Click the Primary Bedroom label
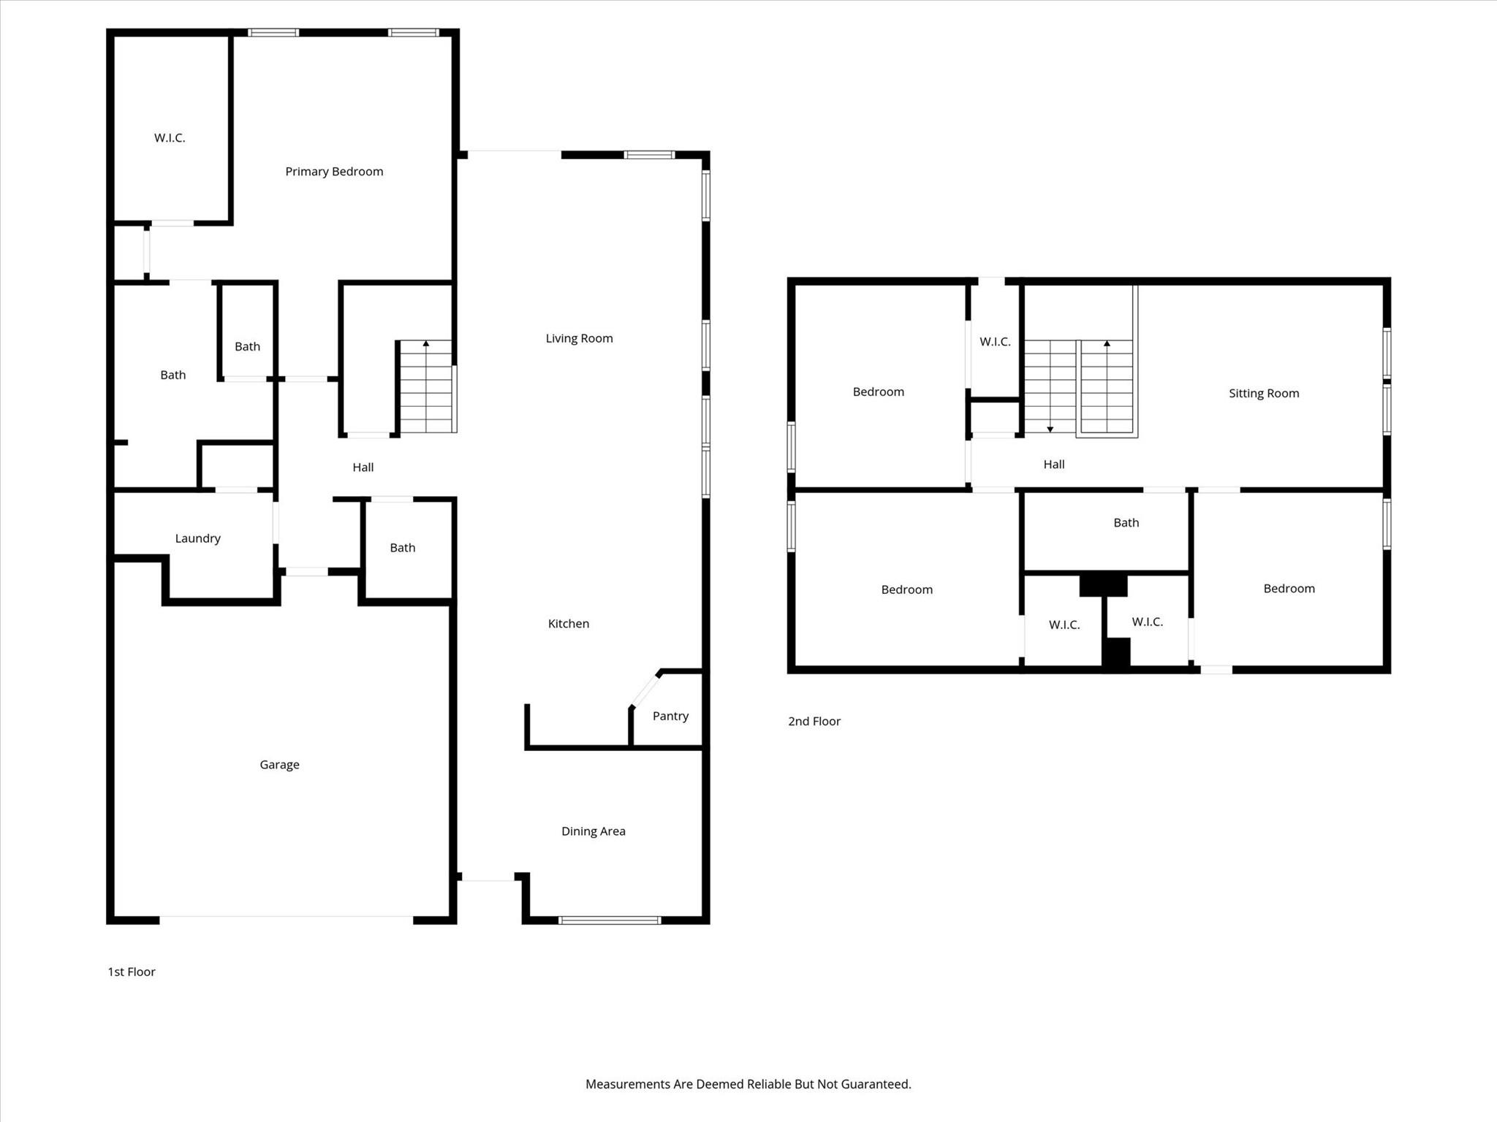pyautogui.click(x=334, y=172)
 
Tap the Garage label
pyautogui.click(x=279, y=765)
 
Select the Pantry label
pyautogui.click(x=670, y=716)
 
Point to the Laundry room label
pyautogui.click(x=197, y=538)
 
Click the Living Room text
pyautogui.click(x=579, y=338)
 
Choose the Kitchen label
pyautogui.click(x=568, y=624)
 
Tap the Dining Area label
pyautogui.click(x=593, y=831)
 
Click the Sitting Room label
pyautogui.click(x=1264, y=394)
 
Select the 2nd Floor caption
pyautogui.click(x=814, y=722)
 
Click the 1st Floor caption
pyautogui.click(x=132, y=972)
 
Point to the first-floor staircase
pyautogui.click(x=426, y=387)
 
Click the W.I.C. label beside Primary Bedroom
pyautogui.click(x=170, y=138)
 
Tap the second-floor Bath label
pyautogui.click(x=1126, y=523)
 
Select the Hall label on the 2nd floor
pyautogui.click(x=1053, y=465)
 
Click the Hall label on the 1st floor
pyautogui.click(x=363, y=467)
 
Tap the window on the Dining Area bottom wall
pyautogui.click(x=610, y=920)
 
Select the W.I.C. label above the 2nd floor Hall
pyautogui.click(x=995, y=342)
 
